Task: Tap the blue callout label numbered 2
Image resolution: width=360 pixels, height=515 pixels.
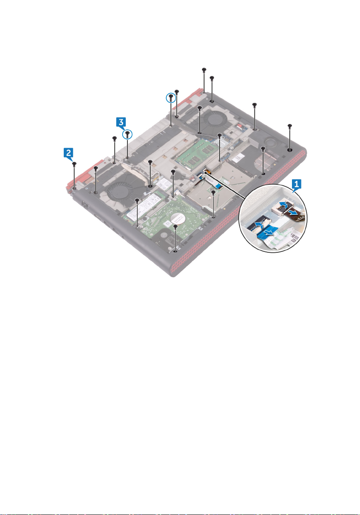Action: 68,152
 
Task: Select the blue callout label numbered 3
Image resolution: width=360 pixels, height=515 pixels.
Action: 122,123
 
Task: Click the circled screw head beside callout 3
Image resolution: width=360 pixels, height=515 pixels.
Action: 128,134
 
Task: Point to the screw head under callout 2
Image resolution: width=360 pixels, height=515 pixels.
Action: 74,164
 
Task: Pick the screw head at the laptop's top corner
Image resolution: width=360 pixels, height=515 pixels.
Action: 204,69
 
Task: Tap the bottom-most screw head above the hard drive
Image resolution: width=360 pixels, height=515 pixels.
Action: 176,226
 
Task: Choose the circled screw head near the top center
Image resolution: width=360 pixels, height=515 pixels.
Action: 171,97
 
